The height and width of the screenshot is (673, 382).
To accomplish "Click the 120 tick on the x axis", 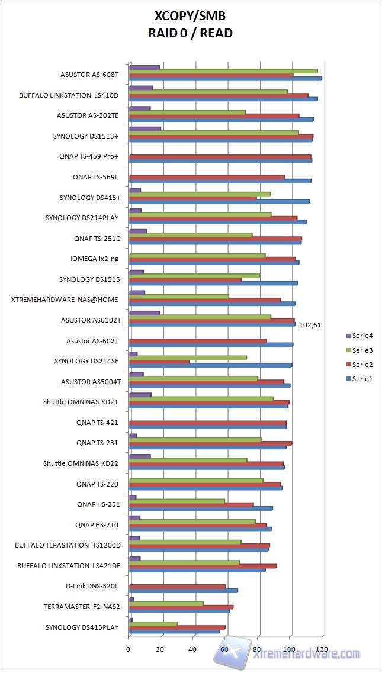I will point(322,649).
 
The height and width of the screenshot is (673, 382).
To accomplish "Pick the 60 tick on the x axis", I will point(225,649).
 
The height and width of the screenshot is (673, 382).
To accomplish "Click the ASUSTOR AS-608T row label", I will point(90,75).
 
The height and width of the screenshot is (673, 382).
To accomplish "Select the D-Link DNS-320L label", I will point(92,586).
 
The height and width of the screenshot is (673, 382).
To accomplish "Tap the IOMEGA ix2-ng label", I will point(95,259).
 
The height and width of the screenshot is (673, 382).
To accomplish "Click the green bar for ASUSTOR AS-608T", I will point(223,71).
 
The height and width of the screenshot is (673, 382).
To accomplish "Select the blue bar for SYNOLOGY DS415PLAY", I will point(174,631).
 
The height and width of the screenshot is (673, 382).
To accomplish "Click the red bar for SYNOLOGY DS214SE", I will point(159,361).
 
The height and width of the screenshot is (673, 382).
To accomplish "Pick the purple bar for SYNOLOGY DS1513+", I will point(145,128).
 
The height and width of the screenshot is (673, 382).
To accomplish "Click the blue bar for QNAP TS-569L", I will point(220,181).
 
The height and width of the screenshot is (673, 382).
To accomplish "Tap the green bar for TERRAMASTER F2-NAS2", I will point(166,603).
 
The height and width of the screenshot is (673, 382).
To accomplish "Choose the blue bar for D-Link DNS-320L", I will point(183,590).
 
